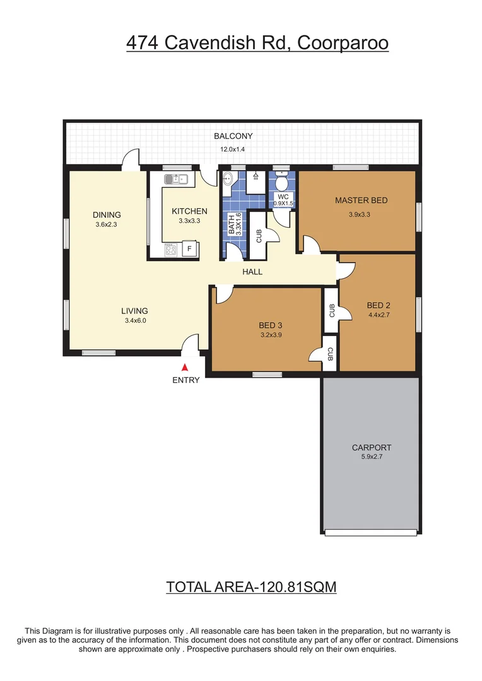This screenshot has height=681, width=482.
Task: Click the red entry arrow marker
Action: [x=185, y=367]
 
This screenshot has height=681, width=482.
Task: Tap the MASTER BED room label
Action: [x=361, y=201]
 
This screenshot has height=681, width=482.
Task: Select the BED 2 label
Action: [x=379, y=305]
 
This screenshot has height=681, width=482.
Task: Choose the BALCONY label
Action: [x=233, y=136]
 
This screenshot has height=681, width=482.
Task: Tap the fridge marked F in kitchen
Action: [x=188, y=249]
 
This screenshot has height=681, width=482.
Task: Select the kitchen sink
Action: [x=177, y=180]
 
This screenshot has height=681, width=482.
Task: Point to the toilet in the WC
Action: [x=281, y=183]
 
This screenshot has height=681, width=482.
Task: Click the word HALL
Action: [x=252, y=272]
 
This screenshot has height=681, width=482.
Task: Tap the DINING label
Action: [x=106, y=214]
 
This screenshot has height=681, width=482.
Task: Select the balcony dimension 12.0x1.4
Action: [x=233, y=149]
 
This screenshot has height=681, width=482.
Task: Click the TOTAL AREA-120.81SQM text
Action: [x=251, y=587]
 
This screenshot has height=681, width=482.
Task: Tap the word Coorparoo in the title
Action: [x=342, y=43]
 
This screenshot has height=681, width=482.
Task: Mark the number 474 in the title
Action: [x=142, y=43]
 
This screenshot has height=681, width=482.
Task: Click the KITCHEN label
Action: [x=189, y=211]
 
